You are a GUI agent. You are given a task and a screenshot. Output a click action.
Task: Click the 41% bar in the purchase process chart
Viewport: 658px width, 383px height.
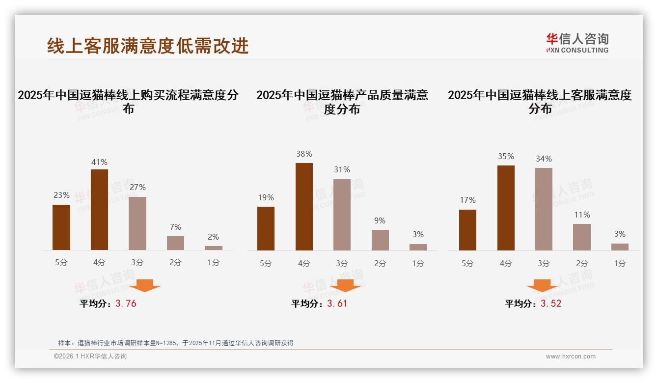click(99, 210)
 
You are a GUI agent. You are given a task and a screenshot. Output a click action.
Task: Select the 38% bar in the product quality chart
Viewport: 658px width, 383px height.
click(304, 207)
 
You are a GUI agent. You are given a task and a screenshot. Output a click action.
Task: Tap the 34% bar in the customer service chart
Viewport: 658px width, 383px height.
click(544, 209)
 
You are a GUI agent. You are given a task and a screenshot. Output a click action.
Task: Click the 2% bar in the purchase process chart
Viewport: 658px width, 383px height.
click(214, 248)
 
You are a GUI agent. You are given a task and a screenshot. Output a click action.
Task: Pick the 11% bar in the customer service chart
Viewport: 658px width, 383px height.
click(582, 237)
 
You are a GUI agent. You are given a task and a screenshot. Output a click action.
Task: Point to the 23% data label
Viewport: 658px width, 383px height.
click(61, 195)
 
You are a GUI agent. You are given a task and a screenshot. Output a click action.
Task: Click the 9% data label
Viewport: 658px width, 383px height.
click(380, 220)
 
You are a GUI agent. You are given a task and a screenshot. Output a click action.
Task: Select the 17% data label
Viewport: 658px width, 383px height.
click(467, 200)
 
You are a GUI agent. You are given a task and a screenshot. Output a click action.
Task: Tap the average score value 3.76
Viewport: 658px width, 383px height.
click(126, 303)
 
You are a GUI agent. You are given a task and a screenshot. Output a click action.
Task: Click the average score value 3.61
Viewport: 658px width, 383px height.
click(337, 303)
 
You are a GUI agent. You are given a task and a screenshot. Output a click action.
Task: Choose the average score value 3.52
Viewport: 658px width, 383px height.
click(551, 303)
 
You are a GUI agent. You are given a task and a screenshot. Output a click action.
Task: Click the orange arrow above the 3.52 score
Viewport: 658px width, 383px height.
click(542, 286)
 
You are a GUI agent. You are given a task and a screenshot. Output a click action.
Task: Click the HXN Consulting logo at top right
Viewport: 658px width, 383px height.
click(577, 43)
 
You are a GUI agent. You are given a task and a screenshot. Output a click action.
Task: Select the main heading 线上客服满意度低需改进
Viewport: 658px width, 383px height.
click(148, 46)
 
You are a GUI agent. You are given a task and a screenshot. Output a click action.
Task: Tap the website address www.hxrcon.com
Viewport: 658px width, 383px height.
click(571, 356)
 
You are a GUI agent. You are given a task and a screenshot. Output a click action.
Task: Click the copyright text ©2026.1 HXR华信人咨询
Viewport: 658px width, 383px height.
click(90, 356)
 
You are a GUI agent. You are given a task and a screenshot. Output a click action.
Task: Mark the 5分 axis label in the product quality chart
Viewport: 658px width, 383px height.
click(266, 263)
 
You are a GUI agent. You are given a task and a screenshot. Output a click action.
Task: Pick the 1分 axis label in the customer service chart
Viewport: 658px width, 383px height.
click(620, 263)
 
